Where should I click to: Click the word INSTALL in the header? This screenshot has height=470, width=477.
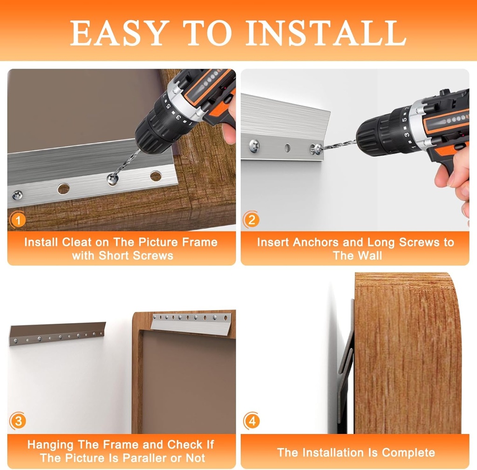pyautogui.click(x=326, y=33)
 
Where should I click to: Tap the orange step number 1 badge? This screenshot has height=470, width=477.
pyautogui.click(x=18, y=220)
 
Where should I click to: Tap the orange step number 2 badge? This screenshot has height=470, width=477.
pyautogui.click(x=251, y=220)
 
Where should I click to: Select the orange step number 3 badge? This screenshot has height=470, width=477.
pyautogui.click(x=18, y=421)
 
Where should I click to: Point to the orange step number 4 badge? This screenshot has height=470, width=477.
pyautogui.click(x=252, y=421)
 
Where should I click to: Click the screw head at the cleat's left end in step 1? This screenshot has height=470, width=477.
pyautogui.click(x=17, y=194)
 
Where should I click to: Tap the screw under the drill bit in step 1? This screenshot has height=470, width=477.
pyautogui.click(x=113, y=179)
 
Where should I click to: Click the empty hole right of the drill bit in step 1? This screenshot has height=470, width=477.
pyautogui.click(x=156, y=176)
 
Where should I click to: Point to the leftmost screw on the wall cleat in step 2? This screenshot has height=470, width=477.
pyautogui.click(x=254, y=145)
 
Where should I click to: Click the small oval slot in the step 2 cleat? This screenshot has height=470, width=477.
pyautogui.click(x=287, y=148)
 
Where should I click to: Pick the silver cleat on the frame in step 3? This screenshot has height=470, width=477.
pyautogui.click(x=191, y=324)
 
